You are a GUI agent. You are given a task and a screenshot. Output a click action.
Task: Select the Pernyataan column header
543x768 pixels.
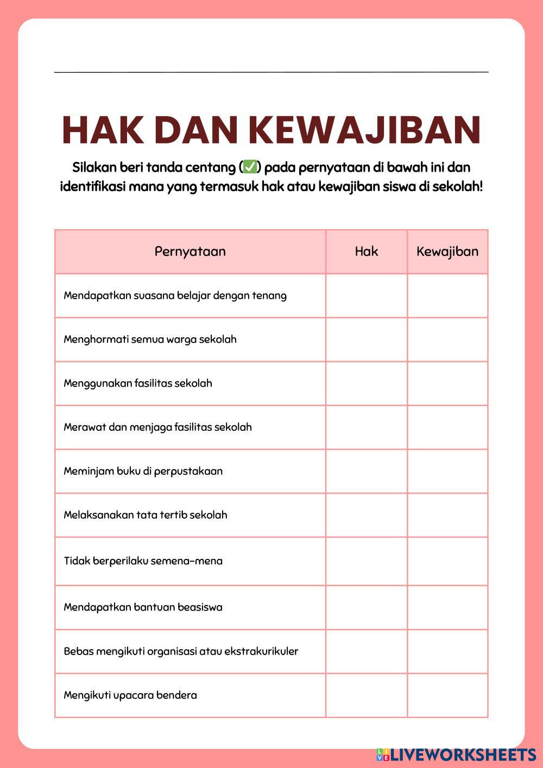coord(190,251)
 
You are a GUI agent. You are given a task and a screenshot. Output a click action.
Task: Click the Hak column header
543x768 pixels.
coord(367,251)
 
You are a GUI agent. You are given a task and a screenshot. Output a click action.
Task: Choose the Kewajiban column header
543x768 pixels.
coord(447,251)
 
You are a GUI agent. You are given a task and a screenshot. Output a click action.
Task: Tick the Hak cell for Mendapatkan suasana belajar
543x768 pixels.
coord(367,295)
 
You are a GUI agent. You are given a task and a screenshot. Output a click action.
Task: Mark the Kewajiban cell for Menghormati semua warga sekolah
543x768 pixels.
coord(447,339)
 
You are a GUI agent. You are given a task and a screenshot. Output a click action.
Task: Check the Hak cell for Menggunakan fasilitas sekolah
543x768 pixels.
coord(367,383)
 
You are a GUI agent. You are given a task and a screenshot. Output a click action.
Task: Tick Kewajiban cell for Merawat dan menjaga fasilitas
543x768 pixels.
coord(447,427)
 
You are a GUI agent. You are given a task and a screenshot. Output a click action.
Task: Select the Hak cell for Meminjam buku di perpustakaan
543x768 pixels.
coord(367,471)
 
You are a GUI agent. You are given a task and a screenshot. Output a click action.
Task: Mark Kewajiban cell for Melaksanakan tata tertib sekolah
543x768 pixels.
coord(447,515)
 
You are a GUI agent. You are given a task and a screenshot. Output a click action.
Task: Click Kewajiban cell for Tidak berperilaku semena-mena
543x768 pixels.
coord(447,561)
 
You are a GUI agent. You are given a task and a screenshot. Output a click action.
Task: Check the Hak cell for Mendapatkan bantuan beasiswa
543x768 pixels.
coord(367,607)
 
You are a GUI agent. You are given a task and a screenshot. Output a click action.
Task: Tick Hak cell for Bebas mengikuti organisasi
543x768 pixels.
coord(367,651)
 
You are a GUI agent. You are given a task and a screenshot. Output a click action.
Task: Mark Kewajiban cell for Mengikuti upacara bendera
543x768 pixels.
coord(447,695)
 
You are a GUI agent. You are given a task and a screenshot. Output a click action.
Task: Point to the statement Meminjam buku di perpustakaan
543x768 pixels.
coord(143,471)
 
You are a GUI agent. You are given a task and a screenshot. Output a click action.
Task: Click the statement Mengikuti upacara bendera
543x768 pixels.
coord(130,695)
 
